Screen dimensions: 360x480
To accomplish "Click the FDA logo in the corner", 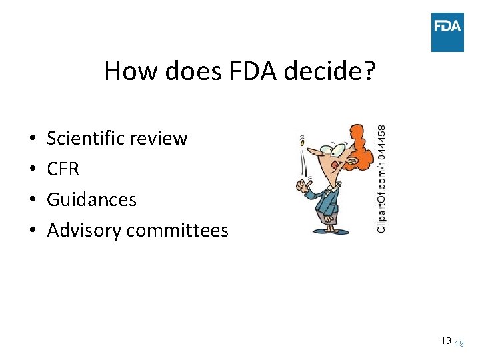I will point(447,31).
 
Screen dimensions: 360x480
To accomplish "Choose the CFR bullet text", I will point(63,169).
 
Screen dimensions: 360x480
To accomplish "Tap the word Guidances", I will point(91,199).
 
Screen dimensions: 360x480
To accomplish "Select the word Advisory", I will point(84,230).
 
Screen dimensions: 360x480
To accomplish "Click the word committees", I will point(177,231).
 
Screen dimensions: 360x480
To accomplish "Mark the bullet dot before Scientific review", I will point(33,139).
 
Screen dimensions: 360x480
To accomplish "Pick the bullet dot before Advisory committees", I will point(33,231).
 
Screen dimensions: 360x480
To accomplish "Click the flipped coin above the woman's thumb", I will point(302,141).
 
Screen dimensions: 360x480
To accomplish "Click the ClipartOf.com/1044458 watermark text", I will point(381,179).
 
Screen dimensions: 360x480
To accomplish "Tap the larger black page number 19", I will point(445,341).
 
